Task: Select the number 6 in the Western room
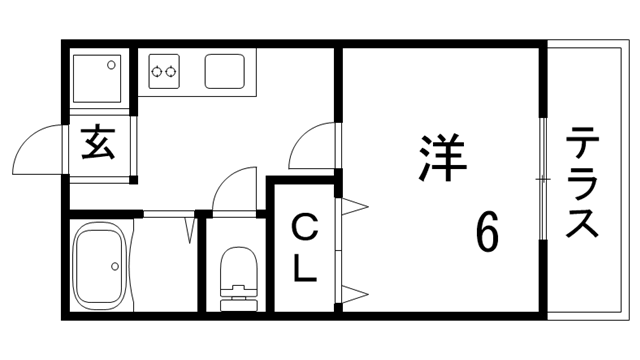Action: click(x=487, y=233)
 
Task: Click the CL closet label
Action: click(x=305, y=248)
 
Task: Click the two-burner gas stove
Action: click(x=164, y=71)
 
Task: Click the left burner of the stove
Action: click(x=157, y=71)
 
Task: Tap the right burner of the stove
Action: click(x=172, y=71)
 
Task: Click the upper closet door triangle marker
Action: click(x=355, y=208)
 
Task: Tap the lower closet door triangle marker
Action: click(x=355, y=292)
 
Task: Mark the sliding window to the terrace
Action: click(x=543, y=180)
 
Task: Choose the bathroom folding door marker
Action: click(x=190, y=228)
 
